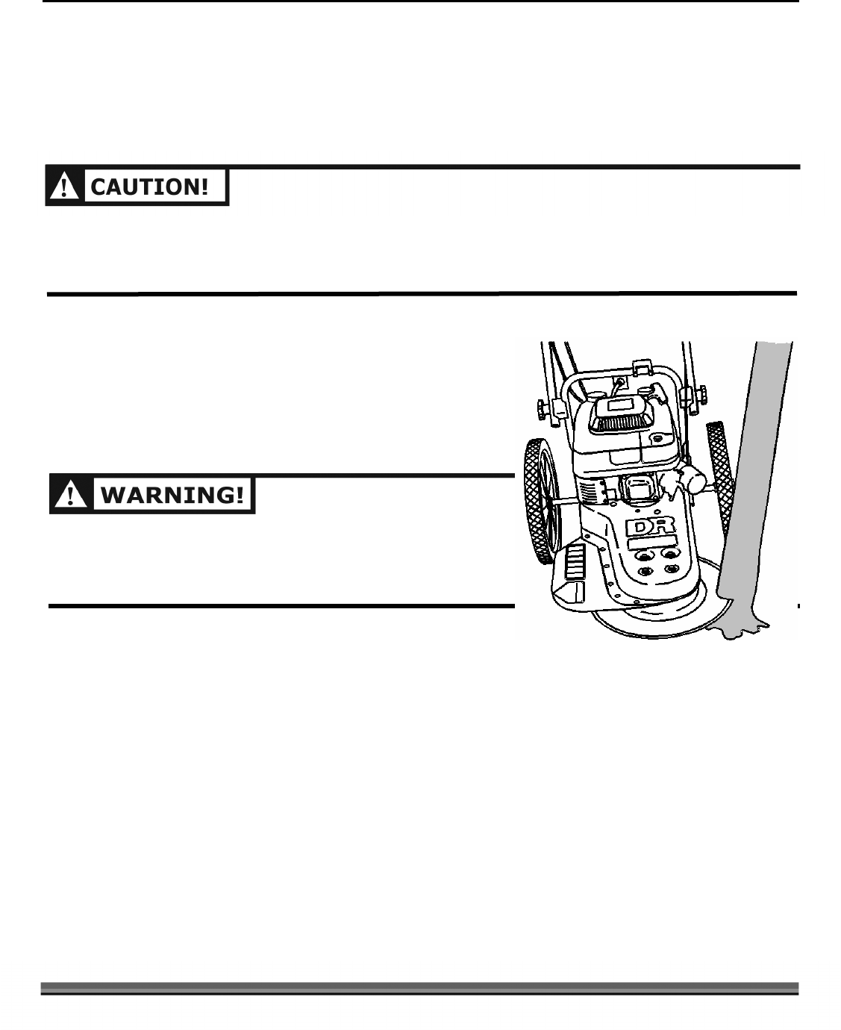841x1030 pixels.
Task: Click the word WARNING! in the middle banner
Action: [x=172, y=496]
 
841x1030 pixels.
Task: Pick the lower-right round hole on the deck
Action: [x=672, y=569]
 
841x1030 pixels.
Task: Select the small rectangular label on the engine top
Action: [x=619, y=405]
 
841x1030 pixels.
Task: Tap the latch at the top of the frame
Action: [x=639, y=367]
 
